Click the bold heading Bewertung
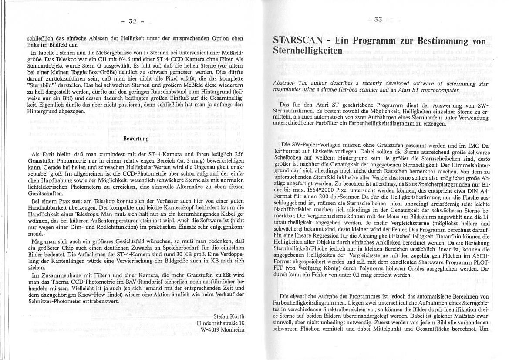pos(136,139)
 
